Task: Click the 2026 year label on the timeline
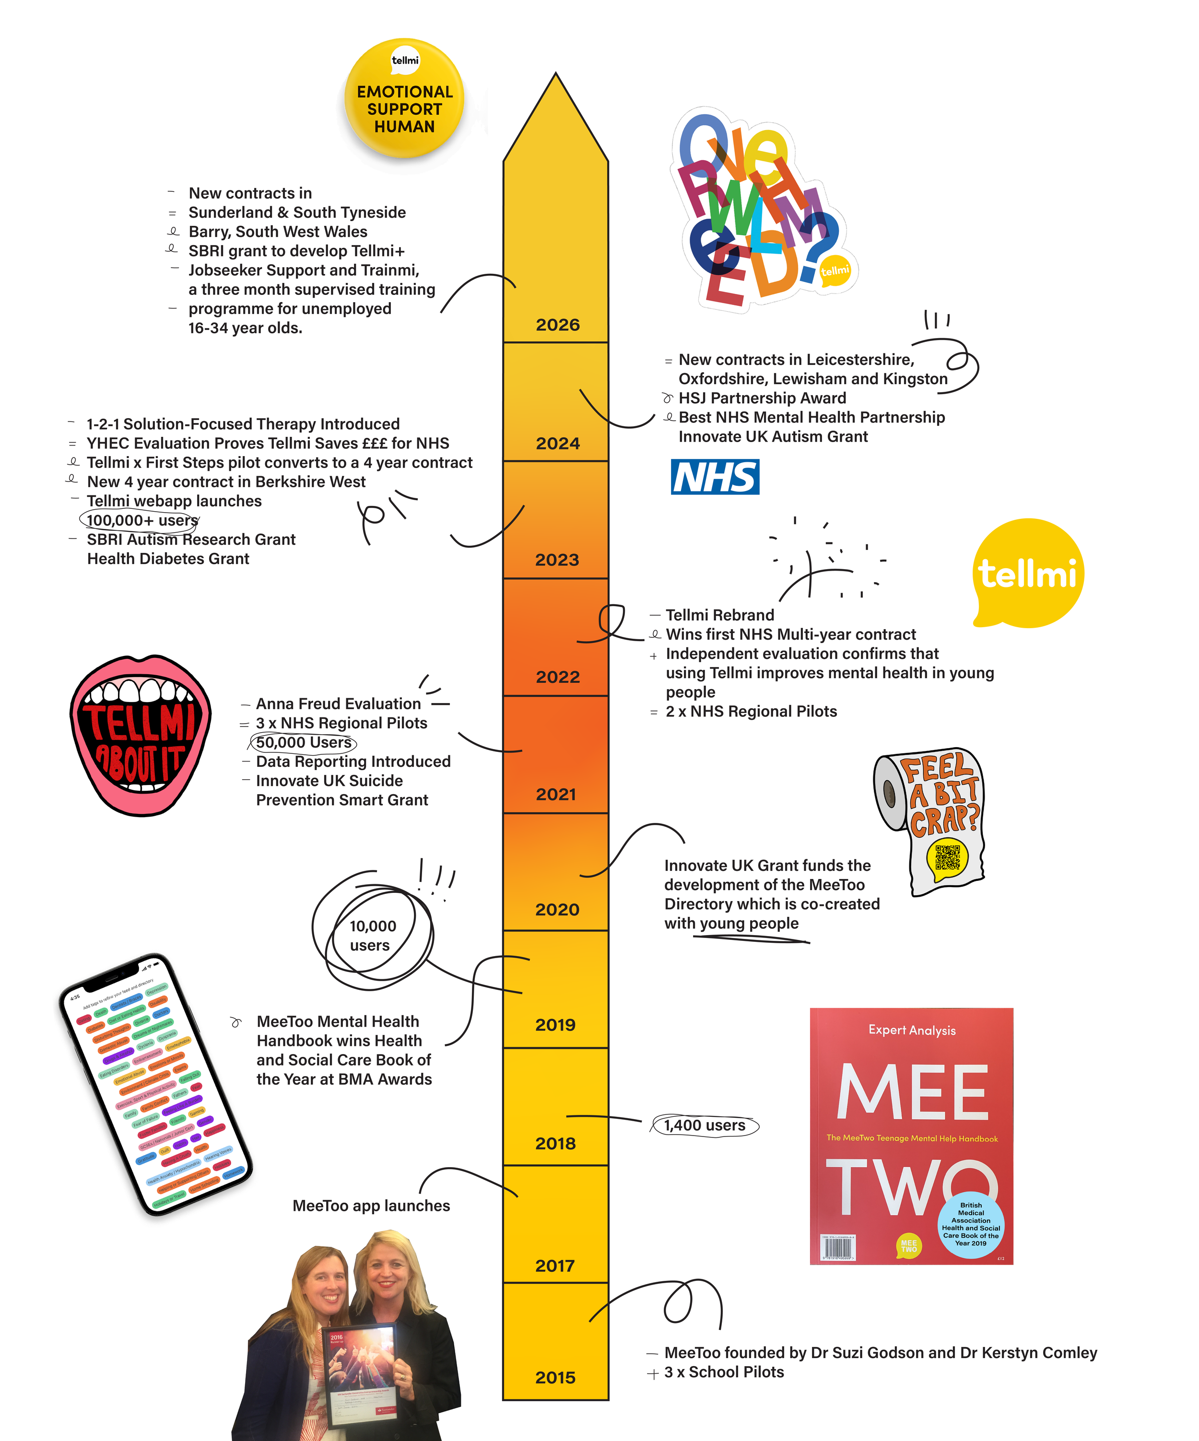click(x=557, y=325)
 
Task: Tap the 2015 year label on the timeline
click(x=555, y=1377)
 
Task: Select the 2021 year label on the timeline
click(x=556, y=794)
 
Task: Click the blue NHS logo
click(x=715, y=477)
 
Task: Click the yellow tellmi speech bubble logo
click(x=1027, y=573)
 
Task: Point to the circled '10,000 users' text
click(x=372, y=935)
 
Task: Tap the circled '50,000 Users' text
click(x=304, y=742)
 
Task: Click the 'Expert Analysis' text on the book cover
click(x=911, y=1030)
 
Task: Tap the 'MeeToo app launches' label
click(x=371, y=1206)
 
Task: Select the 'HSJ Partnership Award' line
click(x=762, y=398)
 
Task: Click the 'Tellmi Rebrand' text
click(x=719, y=615)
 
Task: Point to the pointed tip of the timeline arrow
click(x=556, y=75)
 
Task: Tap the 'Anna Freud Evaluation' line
click(x=338, y=704)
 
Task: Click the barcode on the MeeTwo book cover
click(x=837, y=1247)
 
